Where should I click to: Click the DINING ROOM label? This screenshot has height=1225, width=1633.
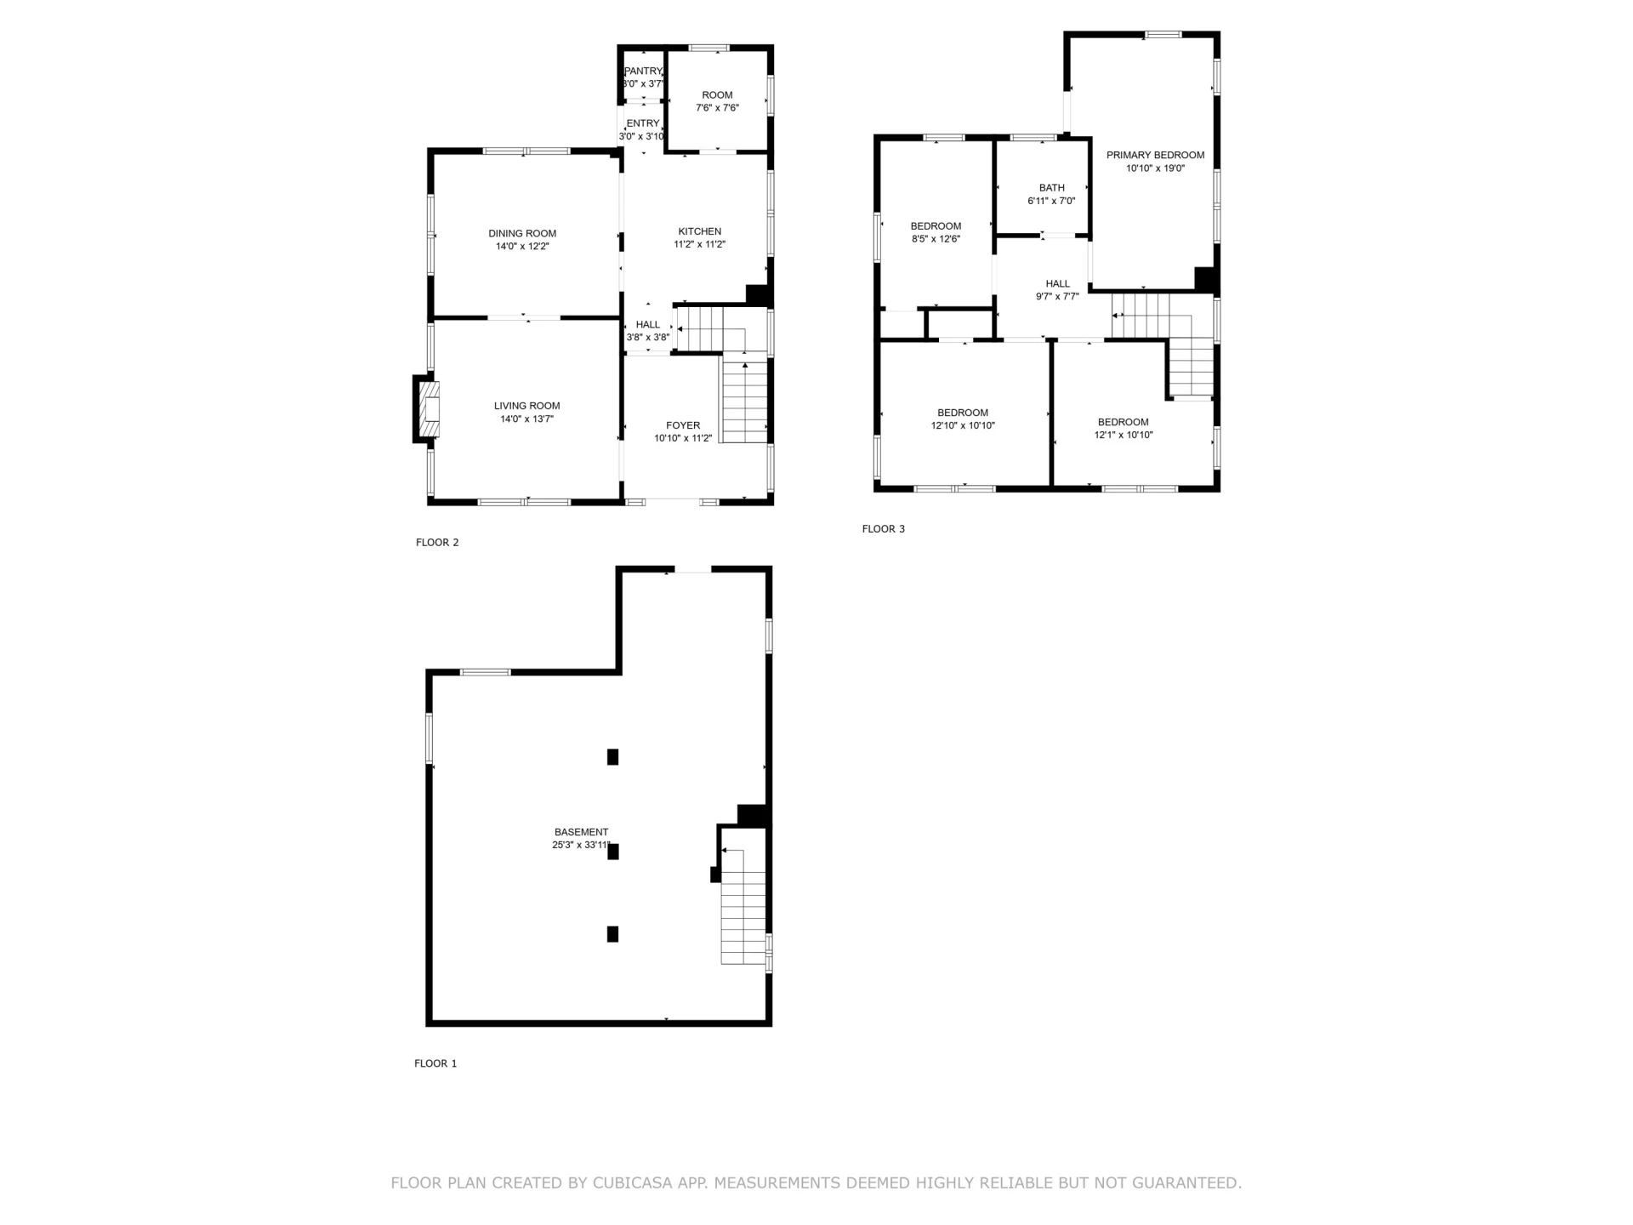(x=522, y=234)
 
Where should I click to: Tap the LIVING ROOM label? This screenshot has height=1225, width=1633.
(x=527, y=407)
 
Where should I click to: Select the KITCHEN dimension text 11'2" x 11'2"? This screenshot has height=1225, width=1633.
(x=700, y=245)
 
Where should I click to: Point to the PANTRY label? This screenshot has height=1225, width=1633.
(x=643, y=71)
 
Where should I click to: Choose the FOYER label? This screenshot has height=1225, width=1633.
(x=683, y=426)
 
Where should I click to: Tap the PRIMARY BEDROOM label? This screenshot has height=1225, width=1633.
(x=1155, y=156)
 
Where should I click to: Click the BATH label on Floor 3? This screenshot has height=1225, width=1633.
(x=1052, y=188)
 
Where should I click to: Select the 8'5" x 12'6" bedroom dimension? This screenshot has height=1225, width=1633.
(x=936, y=240)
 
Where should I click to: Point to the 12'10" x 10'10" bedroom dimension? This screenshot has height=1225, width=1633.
(x=963, y=426)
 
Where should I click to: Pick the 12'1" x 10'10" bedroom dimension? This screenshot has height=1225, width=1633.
(x=1124, y=436)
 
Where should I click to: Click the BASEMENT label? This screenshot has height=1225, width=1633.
(x=582, y=833)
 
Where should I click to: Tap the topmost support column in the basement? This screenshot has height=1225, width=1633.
(x=612, y=757)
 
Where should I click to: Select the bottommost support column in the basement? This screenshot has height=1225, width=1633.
(x=612, y=934)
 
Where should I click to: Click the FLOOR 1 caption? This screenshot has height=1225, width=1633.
(x=435, y=1063)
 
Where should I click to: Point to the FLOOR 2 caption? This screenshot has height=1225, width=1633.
(x=437, y=543)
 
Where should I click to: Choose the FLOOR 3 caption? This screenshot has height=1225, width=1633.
(x=884, y=529)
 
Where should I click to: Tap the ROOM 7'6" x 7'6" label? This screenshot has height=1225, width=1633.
(x=718, y=102)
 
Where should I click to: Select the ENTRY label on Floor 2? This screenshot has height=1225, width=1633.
(x=643, y=124)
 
